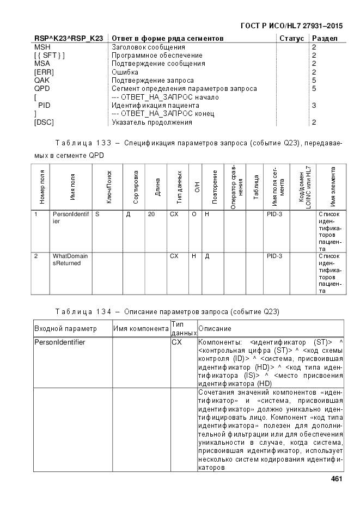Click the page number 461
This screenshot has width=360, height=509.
(336, 479)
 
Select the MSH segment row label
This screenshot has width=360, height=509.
(42, 47)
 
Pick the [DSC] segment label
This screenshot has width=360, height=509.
(44, 122)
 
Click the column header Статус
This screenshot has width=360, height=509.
(291, 39)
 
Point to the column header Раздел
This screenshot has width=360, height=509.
(325, 39)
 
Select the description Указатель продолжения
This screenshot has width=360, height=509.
(152, 122)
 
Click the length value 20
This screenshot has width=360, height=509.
(151, 215)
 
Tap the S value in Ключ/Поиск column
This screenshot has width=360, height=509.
(97, 215)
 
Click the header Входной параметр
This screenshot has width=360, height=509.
(65, 328)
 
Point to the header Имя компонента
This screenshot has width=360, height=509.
(141, 328)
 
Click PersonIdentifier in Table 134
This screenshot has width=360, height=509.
(60, 342)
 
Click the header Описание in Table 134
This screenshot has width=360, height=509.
(215, 328)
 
